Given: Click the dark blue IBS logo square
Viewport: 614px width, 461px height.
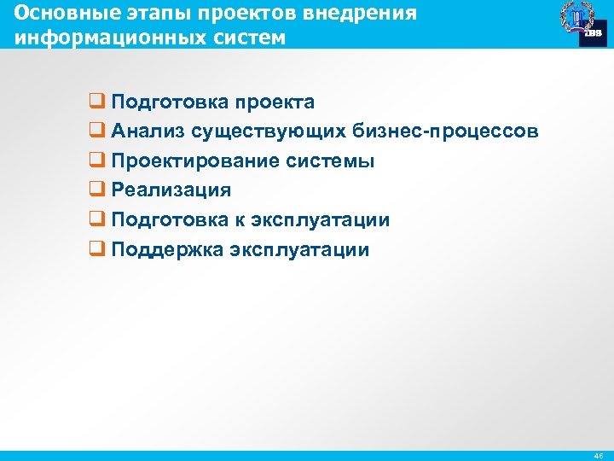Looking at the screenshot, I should coord(592,32).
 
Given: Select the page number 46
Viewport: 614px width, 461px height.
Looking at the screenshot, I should coord(598,457).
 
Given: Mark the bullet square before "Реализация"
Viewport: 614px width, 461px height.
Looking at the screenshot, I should coord(96,190).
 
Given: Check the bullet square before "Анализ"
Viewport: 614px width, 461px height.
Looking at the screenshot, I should coord(96,131).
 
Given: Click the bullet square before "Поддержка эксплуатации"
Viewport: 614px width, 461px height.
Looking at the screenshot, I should coord(96,250).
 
